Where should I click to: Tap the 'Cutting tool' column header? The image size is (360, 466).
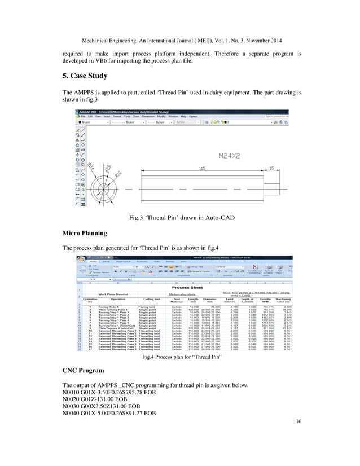tap(150, 300)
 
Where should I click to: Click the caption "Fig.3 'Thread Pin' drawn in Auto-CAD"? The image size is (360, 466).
tap(180, 216)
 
